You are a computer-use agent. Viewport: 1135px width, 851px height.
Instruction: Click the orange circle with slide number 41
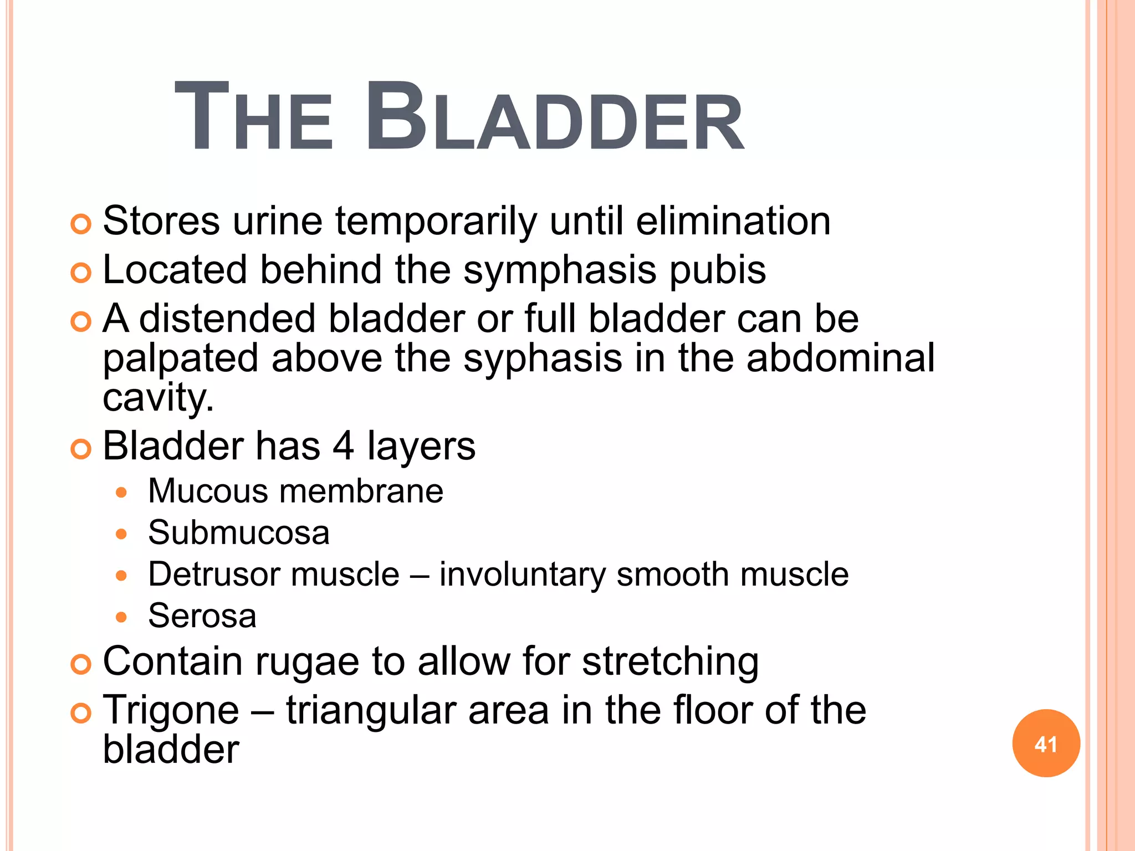(1046, 744)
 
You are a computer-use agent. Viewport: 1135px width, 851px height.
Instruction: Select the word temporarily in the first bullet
(436, 222)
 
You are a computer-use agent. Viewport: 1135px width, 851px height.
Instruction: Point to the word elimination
(733, 221)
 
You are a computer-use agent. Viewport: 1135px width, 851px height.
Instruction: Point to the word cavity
(157, 398)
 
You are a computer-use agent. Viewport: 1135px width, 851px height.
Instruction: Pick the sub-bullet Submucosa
(238, 532)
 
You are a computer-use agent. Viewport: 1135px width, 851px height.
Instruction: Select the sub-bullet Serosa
(202, 616)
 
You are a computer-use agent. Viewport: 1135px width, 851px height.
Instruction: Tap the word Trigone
(171, 710)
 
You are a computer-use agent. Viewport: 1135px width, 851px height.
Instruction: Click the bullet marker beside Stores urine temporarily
(81, 224)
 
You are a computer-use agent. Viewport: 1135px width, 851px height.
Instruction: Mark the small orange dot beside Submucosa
(121, 534)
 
